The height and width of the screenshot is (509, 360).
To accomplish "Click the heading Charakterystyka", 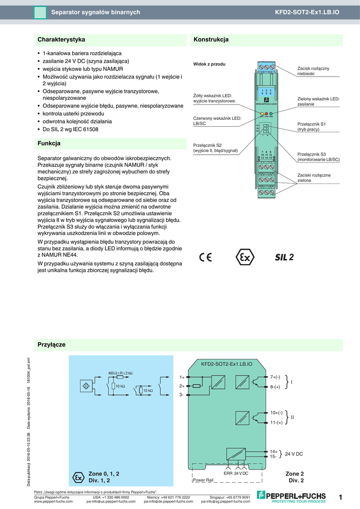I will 61,39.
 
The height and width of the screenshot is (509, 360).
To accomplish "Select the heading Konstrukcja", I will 211,39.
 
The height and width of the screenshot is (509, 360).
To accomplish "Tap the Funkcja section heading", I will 49,144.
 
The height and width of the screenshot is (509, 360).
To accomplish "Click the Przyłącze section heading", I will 52,344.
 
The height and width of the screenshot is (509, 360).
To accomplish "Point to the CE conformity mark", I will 205,257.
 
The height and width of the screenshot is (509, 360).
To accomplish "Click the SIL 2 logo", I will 285,257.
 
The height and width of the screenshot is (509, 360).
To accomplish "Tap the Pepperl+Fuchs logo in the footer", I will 291,496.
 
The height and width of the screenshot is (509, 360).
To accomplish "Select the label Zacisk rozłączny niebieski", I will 313,71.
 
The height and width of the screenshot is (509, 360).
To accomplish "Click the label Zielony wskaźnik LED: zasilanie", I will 318,102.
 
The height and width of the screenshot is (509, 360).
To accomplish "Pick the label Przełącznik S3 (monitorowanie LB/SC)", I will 318,157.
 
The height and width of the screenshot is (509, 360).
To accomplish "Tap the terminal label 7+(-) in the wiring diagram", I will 275,377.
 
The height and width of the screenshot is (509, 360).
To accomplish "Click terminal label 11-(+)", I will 276,423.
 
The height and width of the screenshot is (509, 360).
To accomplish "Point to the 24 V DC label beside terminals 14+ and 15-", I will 294,454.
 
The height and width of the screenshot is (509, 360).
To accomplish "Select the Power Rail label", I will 203,480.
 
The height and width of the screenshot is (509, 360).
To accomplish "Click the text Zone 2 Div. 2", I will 294,477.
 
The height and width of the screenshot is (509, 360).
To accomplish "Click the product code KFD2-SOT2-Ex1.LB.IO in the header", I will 307,12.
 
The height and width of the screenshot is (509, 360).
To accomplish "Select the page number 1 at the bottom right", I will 341,498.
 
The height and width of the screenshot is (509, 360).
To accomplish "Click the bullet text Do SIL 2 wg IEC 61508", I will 70,129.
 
